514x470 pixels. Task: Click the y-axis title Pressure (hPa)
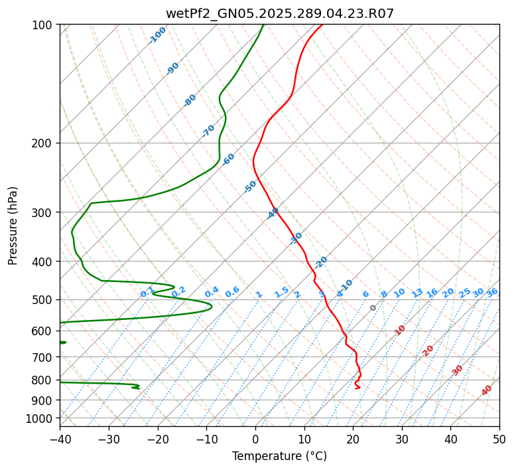13,226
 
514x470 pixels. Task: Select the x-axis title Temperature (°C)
279,457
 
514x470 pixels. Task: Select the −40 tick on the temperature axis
60,439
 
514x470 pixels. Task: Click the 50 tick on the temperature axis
499,439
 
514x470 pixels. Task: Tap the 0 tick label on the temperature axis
255,439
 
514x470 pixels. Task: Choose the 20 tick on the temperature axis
353,439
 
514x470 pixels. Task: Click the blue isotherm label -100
157,35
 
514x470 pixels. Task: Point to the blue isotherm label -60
229,159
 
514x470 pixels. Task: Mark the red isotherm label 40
487,390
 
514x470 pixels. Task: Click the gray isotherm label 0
373,308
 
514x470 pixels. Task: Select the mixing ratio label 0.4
212,292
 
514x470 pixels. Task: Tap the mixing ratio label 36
492,292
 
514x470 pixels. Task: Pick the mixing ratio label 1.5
281,292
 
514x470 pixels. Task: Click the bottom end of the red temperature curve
358,388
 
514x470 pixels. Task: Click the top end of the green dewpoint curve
263,25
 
